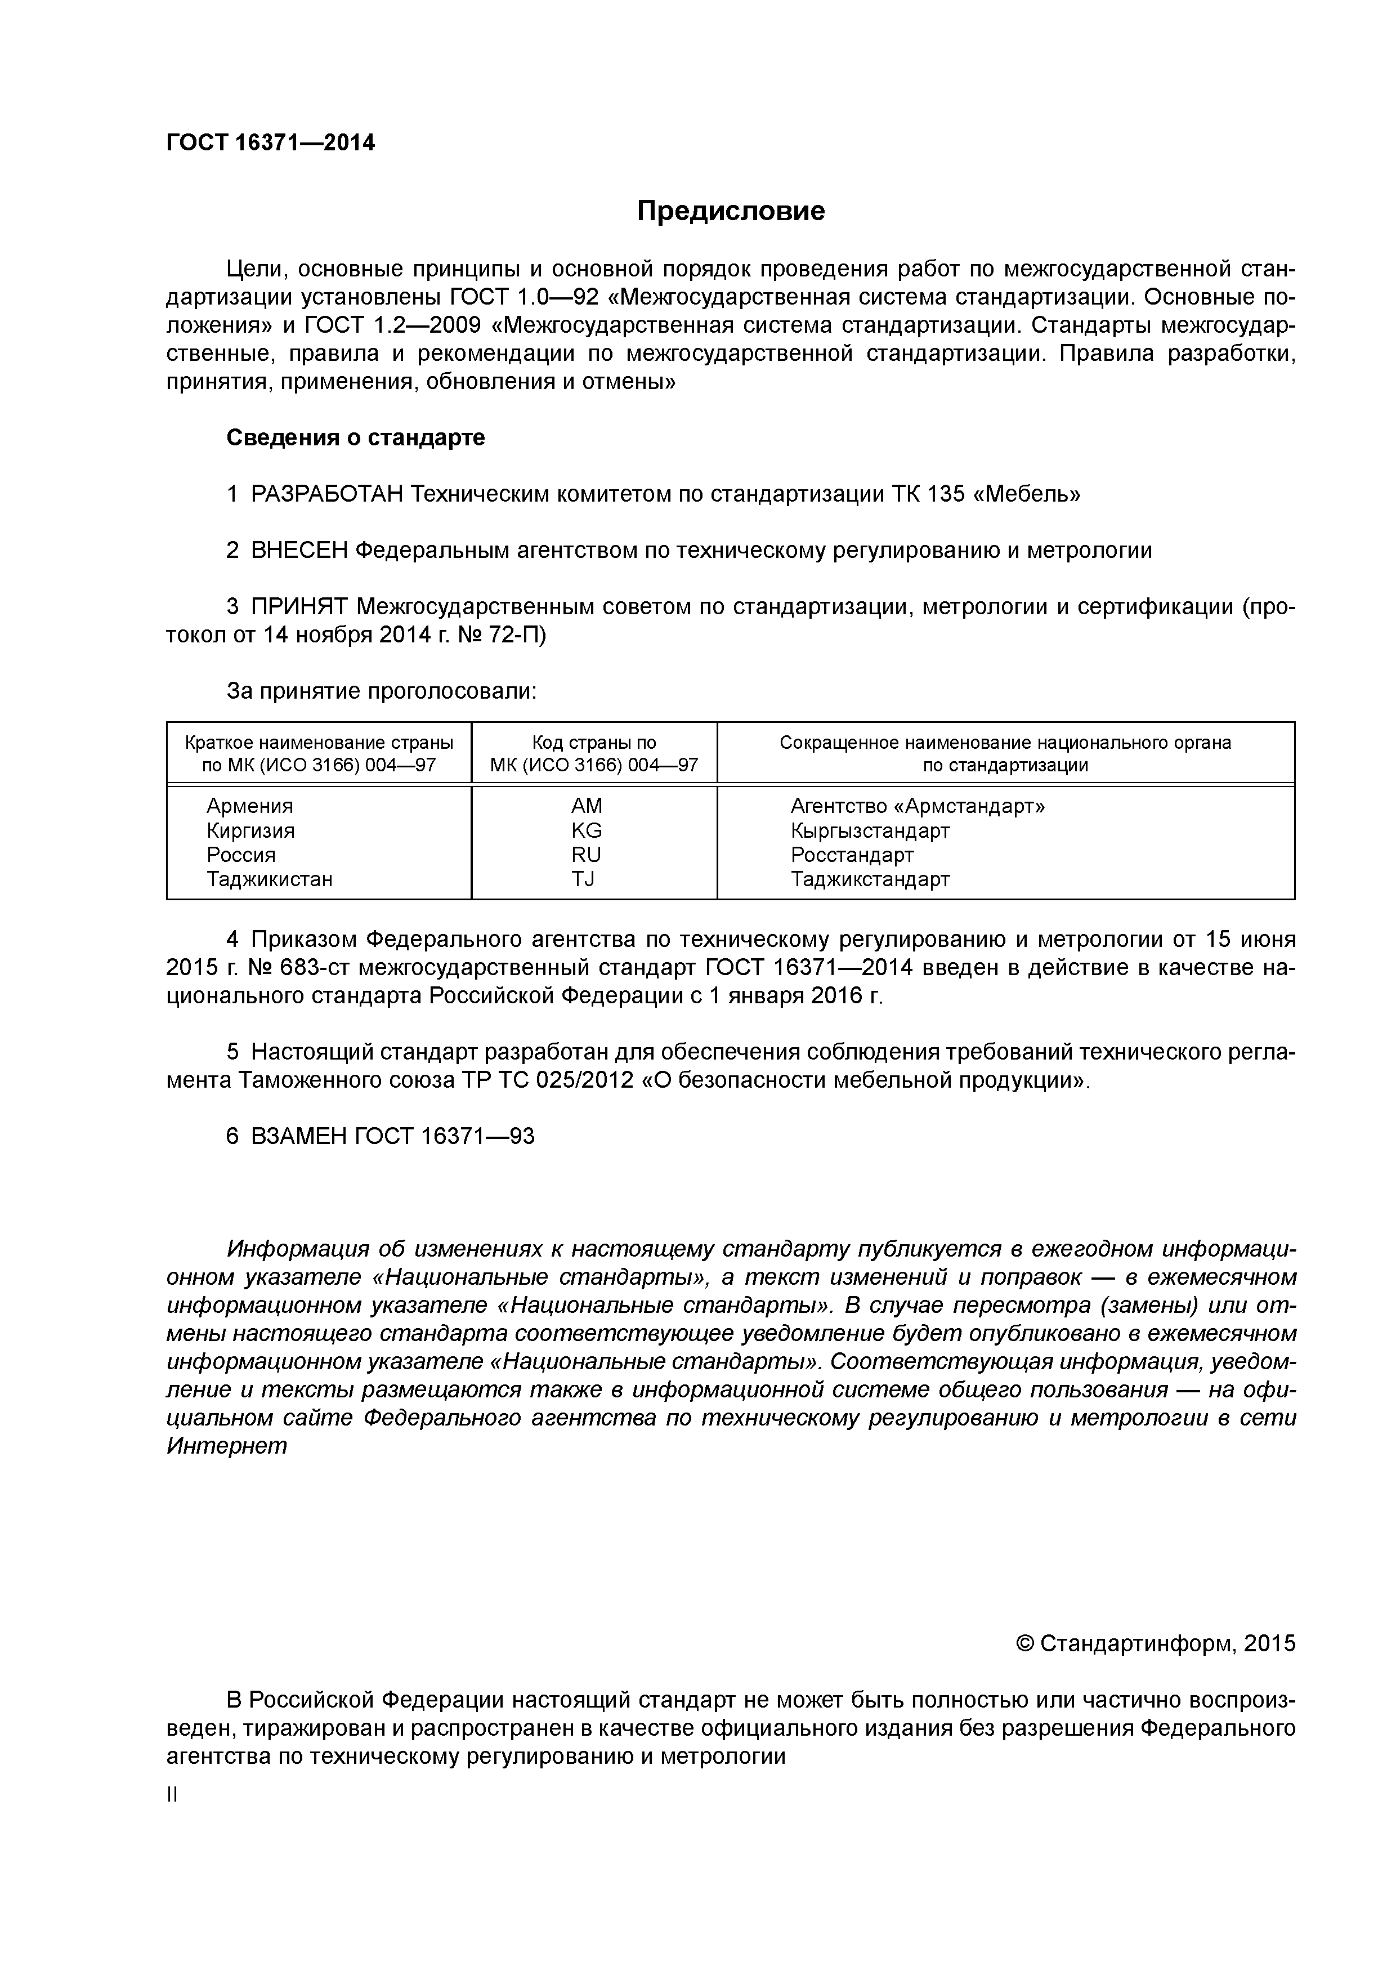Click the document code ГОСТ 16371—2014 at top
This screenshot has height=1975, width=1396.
click(270, 143)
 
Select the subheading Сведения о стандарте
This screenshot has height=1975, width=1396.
click(355, 438)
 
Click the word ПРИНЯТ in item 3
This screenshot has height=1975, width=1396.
click(298, 607)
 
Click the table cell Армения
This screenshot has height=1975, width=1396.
click(249, 806)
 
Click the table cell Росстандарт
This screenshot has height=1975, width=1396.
click(852, 855)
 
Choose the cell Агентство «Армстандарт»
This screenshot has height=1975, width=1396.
click(917, 806)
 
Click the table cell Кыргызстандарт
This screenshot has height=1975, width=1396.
click(870, 831)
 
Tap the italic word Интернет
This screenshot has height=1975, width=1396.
click(226, 1446)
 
